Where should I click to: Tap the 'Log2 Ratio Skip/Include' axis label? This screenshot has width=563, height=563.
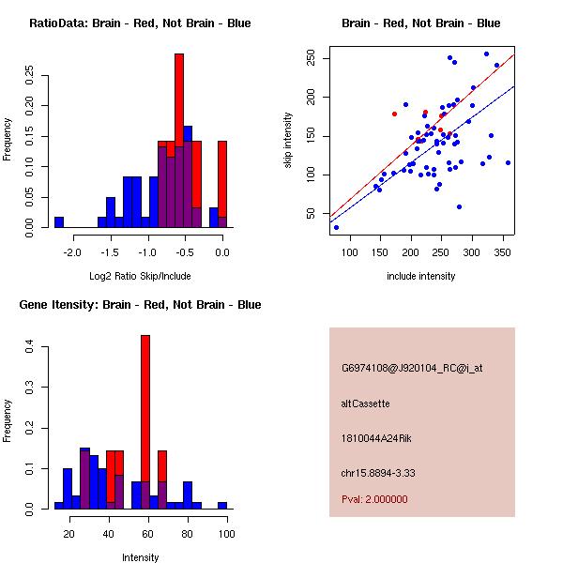pos(140,276)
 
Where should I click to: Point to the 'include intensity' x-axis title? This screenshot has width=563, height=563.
pos(420,276)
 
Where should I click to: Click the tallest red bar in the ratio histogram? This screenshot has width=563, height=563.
pos(179,141)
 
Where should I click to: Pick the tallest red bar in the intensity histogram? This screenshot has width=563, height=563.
pos(145,422)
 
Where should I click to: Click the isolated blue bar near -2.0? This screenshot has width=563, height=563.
pos(59,222)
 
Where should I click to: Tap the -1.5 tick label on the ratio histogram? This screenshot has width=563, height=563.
pos(110,252)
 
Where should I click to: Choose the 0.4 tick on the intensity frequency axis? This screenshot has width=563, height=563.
pos(29,347)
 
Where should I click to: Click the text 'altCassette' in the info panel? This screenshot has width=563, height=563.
pos(365,403)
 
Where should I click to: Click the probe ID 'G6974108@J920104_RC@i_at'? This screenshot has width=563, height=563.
pos(411,369)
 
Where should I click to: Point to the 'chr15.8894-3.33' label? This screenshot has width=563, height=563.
pos(378,472)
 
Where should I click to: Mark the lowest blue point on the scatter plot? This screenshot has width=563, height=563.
pos(336,227)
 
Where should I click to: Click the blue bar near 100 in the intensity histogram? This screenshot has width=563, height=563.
pos(222,505)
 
